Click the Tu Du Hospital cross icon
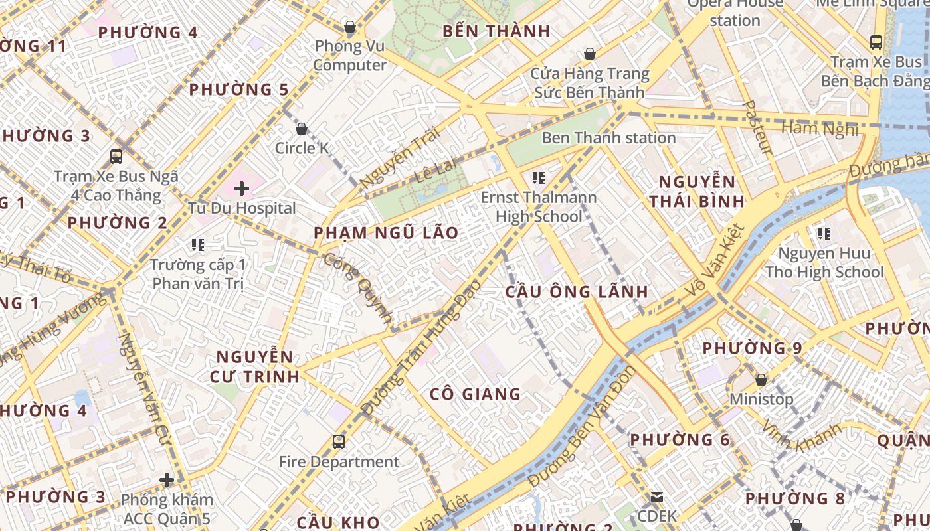242,189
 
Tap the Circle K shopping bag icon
302,128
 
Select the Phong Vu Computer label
349,56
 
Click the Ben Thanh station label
608,138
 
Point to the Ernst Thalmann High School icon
538,177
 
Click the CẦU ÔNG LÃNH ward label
577,292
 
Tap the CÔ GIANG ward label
475,394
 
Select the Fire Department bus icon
339,441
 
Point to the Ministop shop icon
761,380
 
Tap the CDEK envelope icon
656,496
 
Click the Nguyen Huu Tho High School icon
824,233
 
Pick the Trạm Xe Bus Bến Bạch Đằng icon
876,42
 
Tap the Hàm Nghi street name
820,127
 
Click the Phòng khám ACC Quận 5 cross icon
167,479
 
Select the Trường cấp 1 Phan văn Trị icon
197,245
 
